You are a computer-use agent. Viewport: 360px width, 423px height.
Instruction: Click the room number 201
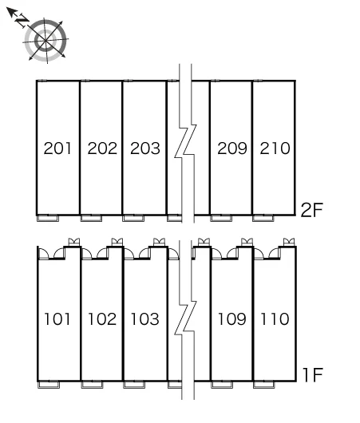(57, 148)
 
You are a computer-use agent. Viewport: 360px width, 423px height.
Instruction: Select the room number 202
(102, 148)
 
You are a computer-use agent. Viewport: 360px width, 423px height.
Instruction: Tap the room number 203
(145, 148)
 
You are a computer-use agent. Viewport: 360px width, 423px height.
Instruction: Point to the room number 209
(232, 148)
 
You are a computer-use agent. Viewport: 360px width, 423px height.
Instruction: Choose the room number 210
(275, 148)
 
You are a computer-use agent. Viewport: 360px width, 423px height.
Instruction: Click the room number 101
(57, 319)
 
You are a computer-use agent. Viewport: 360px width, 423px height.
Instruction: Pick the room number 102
(102, 319)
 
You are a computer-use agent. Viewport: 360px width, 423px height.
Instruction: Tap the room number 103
(145, 319)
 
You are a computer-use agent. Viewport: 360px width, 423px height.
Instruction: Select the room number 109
(232, 319)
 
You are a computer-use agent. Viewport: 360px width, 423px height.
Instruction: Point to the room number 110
(275, 319)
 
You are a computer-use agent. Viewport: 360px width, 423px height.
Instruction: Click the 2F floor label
(311, 210)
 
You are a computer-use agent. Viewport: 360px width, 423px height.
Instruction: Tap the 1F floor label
(313, 375)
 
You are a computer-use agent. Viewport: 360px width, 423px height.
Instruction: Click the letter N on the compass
(22, 21)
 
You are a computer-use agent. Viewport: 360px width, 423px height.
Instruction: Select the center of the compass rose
(45, 41)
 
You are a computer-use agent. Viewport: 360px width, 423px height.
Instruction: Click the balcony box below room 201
(48, 218)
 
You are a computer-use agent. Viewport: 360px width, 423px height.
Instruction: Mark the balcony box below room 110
(264, 385)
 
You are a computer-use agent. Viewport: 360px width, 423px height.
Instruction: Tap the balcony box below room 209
(221, 218)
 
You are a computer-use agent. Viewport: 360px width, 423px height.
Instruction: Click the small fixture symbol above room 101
(74, 242)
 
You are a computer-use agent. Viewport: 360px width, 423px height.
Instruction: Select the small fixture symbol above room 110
(289, 242)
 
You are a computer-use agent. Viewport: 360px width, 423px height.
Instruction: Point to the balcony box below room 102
(92, 385)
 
